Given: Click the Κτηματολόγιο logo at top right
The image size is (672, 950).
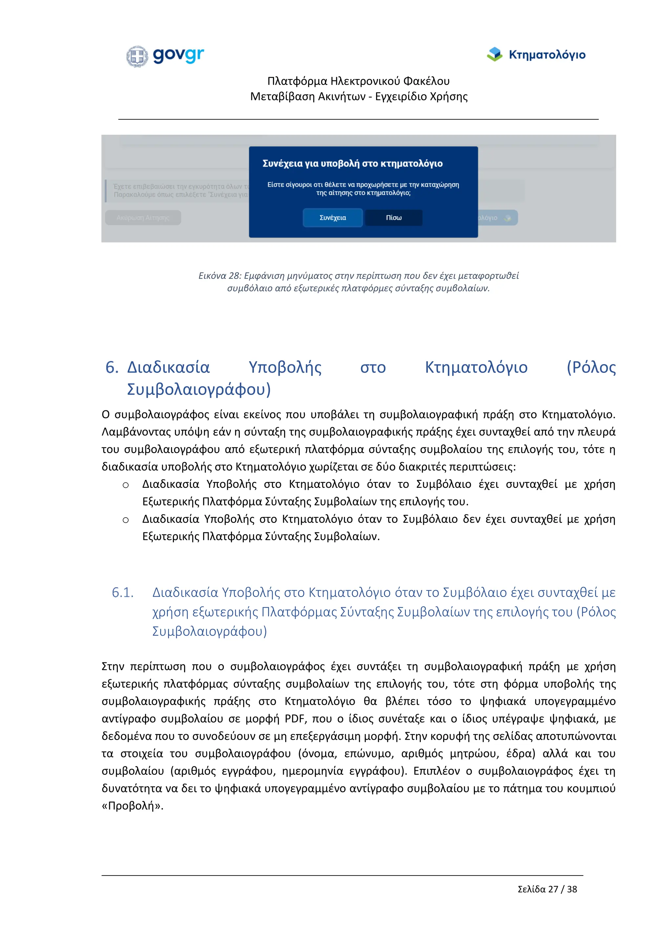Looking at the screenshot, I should (536, 54).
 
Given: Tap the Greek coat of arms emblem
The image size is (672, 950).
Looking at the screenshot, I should (137, 56).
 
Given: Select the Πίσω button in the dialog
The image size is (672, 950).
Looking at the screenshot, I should (393, 217).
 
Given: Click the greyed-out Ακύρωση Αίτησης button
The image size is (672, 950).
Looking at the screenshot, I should (143, 217).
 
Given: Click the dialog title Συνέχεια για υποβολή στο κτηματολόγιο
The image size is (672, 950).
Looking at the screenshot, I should (352, 163).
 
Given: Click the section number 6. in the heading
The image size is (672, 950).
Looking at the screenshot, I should (112, 367).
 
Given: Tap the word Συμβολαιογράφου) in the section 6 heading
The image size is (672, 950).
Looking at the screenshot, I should (199, 389).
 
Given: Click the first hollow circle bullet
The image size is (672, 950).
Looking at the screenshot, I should (125, 485).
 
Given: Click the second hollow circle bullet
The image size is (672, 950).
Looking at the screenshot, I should (125, 520).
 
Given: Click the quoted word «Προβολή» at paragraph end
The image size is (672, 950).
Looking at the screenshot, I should (133, 806).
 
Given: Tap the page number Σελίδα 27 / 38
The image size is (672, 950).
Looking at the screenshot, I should (547, 889).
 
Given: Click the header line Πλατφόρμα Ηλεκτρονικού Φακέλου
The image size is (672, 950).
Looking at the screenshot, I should (358, 81).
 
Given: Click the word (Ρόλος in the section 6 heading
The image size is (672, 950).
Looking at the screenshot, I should (591, 367).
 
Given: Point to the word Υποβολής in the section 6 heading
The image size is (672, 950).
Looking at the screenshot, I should (285, 367).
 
